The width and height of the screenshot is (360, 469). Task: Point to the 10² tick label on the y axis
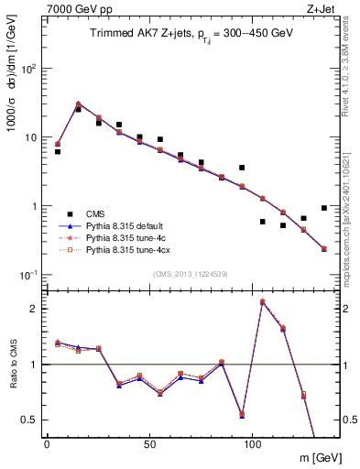click(30, 69)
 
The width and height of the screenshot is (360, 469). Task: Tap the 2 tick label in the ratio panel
click(36, 309)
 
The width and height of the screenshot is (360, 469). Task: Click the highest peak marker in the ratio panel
click(263, 301)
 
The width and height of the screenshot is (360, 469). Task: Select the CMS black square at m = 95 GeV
click(242, 168)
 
